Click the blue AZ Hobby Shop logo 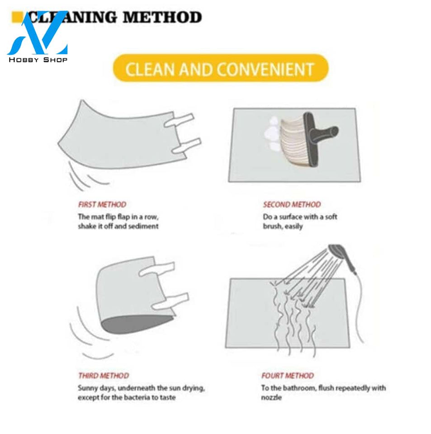coord(38,36)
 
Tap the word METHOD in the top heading coord(162,17)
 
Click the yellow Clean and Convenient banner coord(221,68)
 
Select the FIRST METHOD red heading coord(102,204)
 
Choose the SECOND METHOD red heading coord(292,204)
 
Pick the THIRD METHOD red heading coord(104,376)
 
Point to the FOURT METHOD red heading coord(288,376)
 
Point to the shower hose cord coord(359,307)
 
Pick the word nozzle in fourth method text coord(271,398)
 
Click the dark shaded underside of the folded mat coord(136,324)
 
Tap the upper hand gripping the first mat coord(179,120)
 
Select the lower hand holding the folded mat coord(171,302)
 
